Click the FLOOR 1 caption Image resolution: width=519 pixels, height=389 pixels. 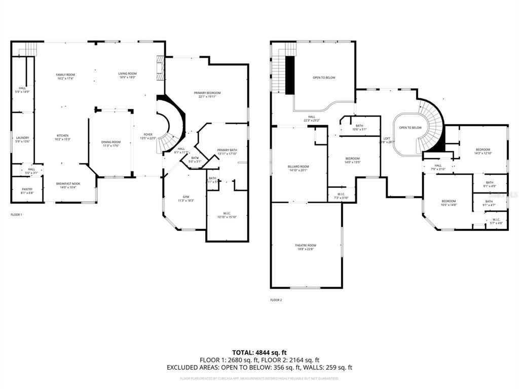click(x=17, y=215)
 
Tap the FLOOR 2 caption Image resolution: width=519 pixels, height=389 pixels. click(x=276, y=300)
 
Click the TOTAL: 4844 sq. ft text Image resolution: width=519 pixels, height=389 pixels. click(x=259, y=352)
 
